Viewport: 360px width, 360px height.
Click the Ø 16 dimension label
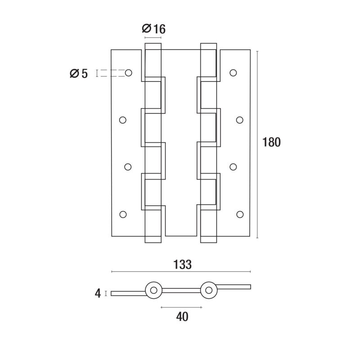coord(153,29)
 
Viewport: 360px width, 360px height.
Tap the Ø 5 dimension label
coord(79,74)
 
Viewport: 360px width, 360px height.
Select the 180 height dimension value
coord(271,142)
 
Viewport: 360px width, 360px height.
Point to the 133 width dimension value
coord(182,265)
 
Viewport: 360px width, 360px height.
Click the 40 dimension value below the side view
coord(182,317)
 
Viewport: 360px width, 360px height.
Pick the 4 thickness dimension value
coord(98,293)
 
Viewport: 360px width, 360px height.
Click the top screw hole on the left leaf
coord(128,73)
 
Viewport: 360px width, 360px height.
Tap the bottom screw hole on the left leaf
coord(123,214)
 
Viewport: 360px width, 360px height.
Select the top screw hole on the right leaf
coord(233,73)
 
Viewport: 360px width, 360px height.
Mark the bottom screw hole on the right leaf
coord(240,214)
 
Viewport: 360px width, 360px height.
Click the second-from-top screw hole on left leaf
coord(123,120)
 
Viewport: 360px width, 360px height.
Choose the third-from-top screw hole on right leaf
coord(233,166)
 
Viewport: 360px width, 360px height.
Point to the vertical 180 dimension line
coord(257,144)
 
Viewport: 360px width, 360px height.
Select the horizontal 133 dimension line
coord(181,272)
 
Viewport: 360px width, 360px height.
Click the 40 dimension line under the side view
coord(181,307)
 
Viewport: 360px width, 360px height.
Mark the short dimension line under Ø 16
coord(153,37)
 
